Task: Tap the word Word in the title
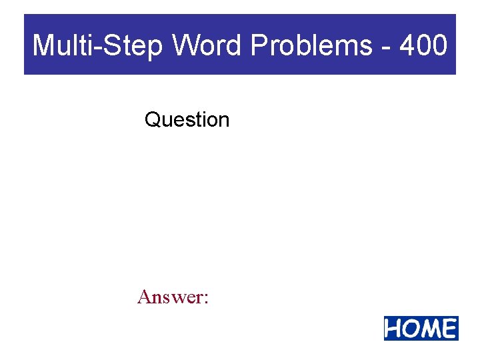pos(208,45)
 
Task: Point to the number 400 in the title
pos(424,45)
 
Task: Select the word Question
pos(187,120)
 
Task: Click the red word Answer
pos(169,297)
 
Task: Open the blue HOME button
pos(421,329)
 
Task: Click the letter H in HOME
pos(395,329)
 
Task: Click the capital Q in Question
pos(152,120)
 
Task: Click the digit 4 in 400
pos(408,45)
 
